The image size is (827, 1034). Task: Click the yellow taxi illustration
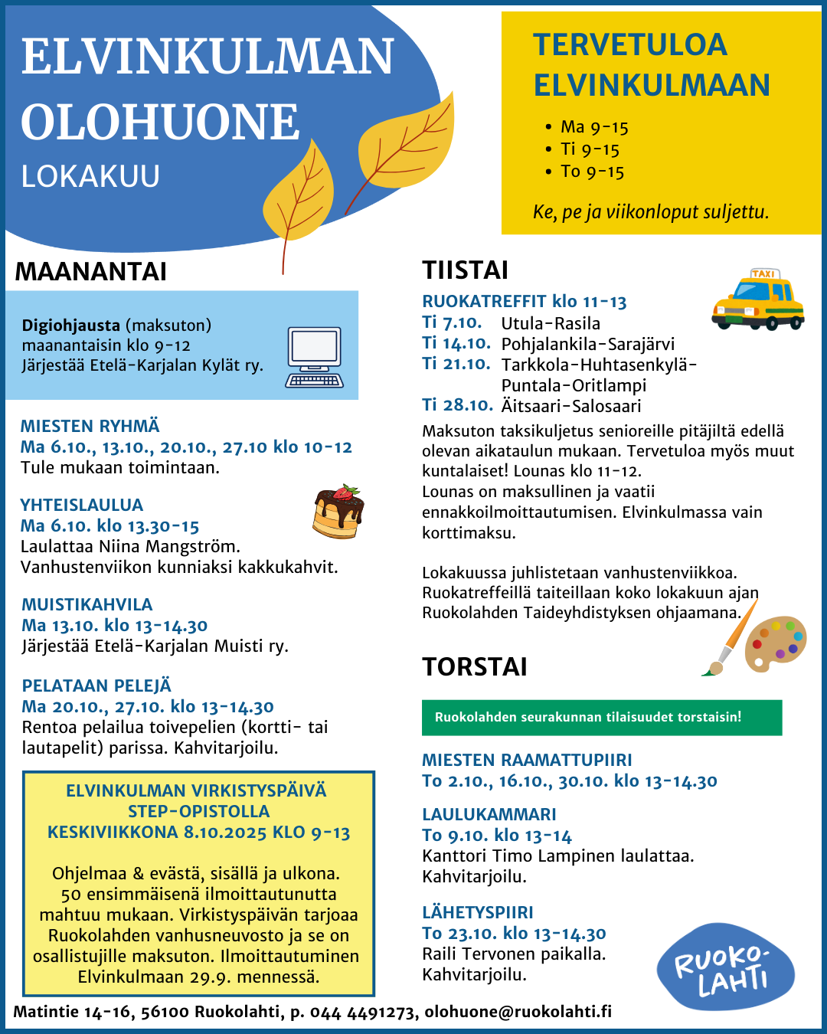757,301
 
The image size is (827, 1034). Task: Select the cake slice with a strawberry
338,512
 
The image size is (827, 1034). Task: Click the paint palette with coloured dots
775,644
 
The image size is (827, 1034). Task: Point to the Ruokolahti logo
724,967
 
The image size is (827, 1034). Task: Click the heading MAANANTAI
90,272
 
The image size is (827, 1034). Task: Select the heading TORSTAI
475,667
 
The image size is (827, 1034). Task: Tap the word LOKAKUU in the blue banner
90,177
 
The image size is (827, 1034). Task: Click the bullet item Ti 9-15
590,149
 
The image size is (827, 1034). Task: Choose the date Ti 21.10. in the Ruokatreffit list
456,365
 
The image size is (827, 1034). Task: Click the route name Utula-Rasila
551,324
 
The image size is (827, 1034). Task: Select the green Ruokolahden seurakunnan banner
602,718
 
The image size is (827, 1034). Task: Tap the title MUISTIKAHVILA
87,605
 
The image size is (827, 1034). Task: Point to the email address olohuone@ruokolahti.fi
518,1012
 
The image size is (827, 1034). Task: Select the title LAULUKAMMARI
489,815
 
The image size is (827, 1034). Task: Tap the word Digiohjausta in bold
71,326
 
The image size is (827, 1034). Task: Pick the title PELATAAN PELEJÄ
96,686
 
